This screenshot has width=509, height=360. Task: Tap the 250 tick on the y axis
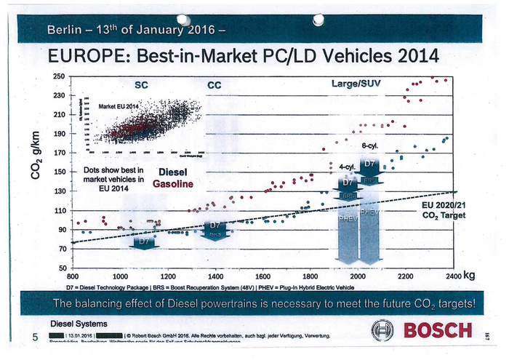(57, 76)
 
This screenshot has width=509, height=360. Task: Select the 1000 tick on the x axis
(120, 277)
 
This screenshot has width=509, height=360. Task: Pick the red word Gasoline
(172, 185)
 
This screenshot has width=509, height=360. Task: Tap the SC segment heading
(143, 84)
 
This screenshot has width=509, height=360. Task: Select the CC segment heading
(215, 85)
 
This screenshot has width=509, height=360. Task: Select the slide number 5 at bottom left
(33, 336)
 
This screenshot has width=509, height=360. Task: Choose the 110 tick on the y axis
(57, 211)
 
